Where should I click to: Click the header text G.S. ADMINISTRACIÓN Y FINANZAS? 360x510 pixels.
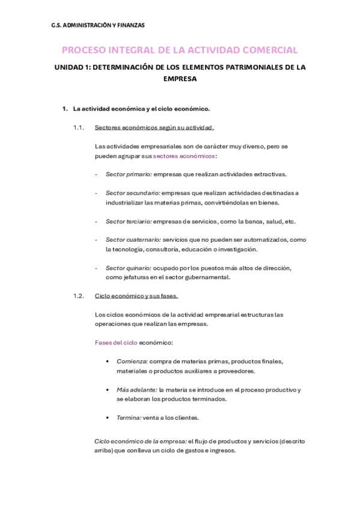[x=98, y=25]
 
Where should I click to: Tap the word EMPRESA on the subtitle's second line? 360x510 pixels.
[x=180, y=78]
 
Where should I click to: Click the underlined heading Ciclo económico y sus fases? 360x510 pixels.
[x=136, y=296]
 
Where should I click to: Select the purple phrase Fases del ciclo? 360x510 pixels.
[x=116, y=342]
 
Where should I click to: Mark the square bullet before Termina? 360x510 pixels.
[x=107, y=417]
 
